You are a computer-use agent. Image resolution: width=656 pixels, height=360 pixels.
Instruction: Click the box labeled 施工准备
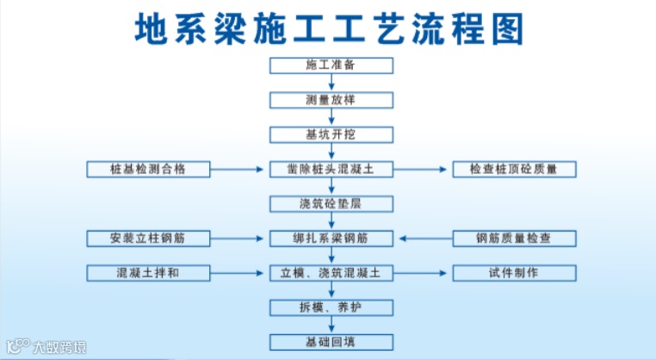(x=331, y=65)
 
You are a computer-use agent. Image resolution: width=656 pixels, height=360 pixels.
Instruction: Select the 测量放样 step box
(x=331, y=100)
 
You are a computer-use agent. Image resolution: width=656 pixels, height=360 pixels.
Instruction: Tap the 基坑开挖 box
(x=331, y=134)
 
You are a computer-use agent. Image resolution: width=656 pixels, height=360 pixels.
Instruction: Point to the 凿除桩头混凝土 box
(x=331, y=170)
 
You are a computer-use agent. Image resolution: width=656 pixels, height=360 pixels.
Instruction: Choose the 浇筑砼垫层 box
(x=331, y=204)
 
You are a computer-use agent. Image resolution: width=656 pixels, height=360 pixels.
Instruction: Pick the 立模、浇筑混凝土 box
(x=331, y=273)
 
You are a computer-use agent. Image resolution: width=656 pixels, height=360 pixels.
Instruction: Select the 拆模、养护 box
(x=331, y=307)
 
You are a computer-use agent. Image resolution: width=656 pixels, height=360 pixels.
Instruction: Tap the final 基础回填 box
(x=331, y=342)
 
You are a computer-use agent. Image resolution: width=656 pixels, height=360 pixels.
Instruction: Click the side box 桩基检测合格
(x=148, y=170)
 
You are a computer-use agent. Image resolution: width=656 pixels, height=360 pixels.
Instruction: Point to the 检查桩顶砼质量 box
(x=514, y=170)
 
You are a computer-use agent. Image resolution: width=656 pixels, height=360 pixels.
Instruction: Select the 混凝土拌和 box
(x=148, y=273)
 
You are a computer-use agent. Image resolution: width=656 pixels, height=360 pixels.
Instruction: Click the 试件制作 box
(x=514, y=273)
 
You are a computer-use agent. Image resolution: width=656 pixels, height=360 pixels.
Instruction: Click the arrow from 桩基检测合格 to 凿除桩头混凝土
(x=239, y=170)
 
